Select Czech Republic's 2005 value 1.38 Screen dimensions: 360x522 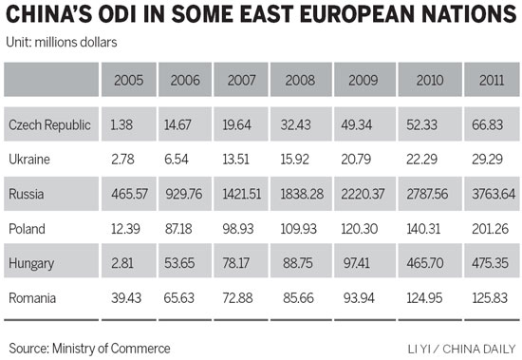(120, 125)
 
